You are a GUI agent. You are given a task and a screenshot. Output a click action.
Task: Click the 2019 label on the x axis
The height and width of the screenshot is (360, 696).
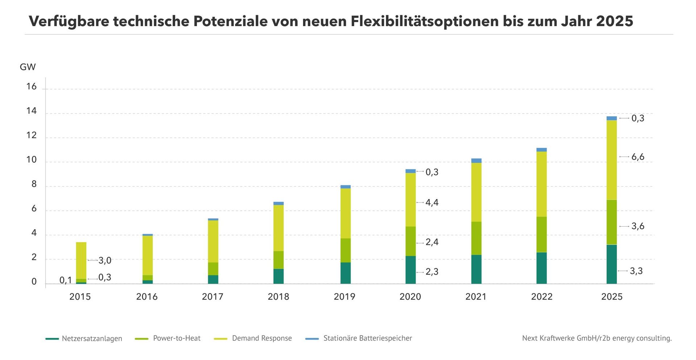click(x=344, y=297)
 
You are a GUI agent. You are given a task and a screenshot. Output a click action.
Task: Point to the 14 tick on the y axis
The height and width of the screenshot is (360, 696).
click(x=32, y=111)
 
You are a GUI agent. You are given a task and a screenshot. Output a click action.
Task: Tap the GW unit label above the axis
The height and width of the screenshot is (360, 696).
click(x=28, y=67)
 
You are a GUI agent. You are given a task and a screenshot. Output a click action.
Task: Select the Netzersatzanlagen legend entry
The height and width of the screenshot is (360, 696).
click(x=84, y=339)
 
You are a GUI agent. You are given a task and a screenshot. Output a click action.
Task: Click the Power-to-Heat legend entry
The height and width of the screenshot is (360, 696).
click(x=167, y=338)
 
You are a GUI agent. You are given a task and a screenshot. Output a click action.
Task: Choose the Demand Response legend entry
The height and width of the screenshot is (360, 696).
click(x=253, y=338)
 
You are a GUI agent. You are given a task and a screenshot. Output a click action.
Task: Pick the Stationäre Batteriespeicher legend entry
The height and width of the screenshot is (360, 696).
click(x=359, y=338)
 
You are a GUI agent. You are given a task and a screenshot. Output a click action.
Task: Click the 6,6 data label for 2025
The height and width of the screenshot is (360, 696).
click(x=638, y=157)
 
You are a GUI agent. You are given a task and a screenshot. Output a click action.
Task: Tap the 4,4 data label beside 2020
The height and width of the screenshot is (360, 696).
click(x=432, y=202)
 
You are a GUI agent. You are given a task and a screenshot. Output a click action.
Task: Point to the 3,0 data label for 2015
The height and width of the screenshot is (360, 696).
click(x=105, y=260)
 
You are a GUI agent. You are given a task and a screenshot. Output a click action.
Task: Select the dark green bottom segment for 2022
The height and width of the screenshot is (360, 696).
click(x=542, y=268)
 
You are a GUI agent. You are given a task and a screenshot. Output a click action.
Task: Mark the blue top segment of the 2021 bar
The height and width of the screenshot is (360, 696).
click(x=476, y=161)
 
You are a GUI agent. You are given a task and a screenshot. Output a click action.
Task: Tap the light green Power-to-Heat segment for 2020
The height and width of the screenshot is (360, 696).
click(x=411, y=241)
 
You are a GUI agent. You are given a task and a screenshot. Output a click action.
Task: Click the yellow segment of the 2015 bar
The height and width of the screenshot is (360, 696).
click(x=81, y=260)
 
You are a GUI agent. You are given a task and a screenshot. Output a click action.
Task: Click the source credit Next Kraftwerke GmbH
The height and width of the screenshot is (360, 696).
click(x=560, y=338)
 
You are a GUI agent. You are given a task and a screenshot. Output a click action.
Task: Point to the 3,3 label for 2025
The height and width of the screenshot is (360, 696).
click(x=636, y=271)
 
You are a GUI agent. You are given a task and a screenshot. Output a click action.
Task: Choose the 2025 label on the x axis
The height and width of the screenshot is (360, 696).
click(x=612, y=297)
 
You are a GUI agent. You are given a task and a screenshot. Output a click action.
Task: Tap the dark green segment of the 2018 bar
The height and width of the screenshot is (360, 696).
click(x=278, y=276)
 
